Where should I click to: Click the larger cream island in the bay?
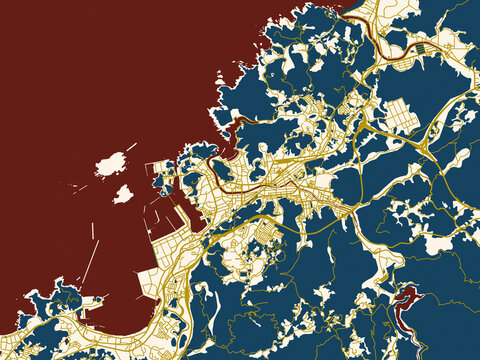(110, 163)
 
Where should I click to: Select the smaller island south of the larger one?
(123, 194)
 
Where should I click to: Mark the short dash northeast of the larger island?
(131, 147)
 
